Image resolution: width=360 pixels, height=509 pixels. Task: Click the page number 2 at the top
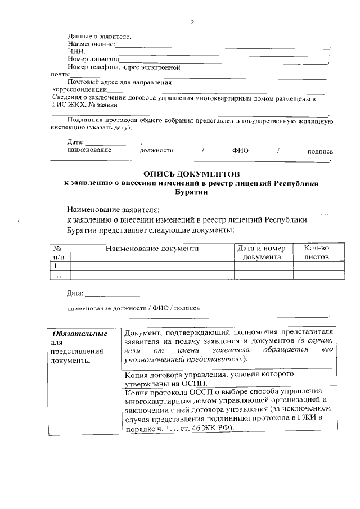point(192,22)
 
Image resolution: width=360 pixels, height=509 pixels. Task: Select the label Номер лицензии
point(93,59)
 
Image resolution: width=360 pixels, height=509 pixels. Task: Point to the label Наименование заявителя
point(113,210)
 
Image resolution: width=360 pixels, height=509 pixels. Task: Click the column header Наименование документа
point(151,248)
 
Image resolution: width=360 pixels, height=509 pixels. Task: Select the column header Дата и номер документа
point(262,253)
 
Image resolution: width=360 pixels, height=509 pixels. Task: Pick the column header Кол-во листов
point(316,253)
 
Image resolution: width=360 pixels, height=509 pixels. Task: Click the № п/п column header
point(58,253)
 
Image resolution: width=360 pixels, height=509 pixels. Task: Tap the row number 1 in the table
point(55,265)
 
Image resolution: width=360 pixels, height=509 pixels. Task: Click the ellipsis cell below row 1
point(57,275)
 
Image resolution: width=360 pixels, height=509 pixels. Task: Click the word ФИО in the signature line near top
point(240,151)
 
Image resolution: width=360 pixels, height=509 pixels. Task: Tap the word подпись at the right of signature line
point(319,151)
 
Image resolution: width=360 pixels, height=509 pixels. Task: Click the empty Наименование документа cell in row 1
point(151,265)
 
